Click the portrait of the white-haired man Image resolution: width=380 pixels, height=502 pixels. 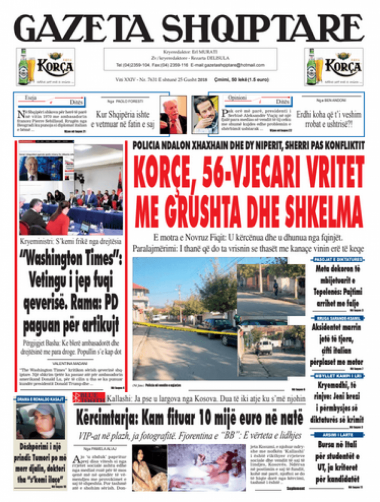[173, 115]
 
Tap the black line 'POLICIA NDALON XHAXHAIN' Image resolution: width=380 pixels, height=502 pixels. [248, 145]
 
